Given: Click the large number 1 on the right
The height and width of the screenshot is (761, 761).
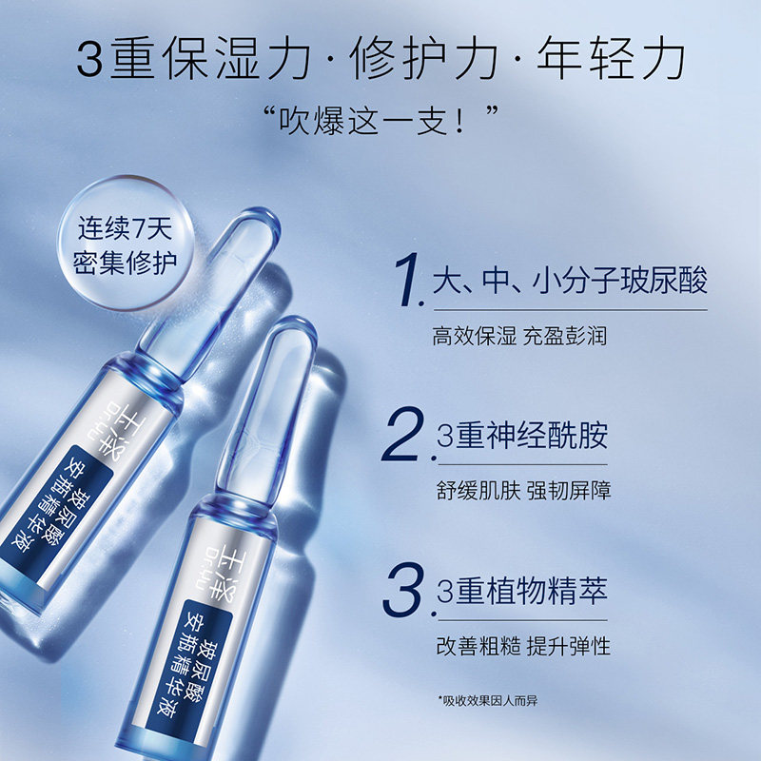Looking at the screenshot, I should point(408,279).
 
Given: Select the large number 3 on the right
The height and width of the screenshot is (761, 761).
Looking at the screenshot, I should point(403,591).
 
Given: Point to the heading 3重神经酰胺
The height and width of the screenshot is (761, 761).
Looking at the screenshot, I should point(521,438).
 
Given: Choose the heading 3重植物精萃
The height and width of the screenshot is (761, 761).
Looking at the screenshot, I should point(521,591).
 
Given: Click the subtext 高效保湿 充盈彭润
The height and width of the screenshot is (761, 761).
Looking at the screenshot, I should point(519,336).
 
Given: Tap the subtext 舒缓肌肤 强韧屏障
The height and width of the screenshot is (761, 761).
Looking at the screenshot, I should point(521,491).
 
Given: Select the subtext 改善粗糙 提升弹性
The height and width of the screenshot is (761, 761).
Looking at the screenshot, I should point(521,646).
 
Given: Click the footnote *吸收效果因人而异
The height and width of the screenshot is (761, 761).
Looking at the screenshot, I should point(489,701).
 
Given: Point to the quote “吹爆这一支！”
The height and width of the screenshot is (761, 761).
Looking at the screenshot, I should point(380,121).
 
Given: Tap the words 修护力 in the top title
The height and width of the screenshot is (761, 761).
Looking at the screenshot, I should point(428,59).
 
